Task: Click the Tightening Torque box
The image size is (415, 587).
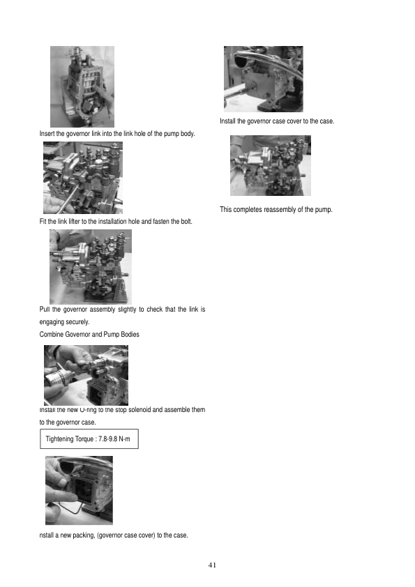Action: coord(89,439)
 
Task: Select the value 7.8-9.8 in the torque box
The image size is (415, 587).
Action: coord(111,439)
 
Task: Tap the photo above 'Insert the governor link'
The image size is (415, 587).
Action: coord(82,86)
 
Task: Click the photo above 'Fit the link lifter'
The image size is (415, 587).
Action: coord(82,177)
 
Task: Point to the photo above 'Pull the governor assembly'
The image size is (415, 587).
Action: coord(90,266)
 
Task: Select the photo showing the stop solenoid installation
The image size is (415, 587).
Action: coord(86,374)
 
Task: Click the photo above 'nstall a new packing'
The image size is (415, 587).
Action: coord(79,489)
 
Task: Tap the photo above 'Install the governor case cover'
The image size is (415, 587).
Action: coord(263,79)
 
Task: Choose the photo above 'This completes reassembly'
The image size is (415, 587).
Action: coord(270,165)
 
